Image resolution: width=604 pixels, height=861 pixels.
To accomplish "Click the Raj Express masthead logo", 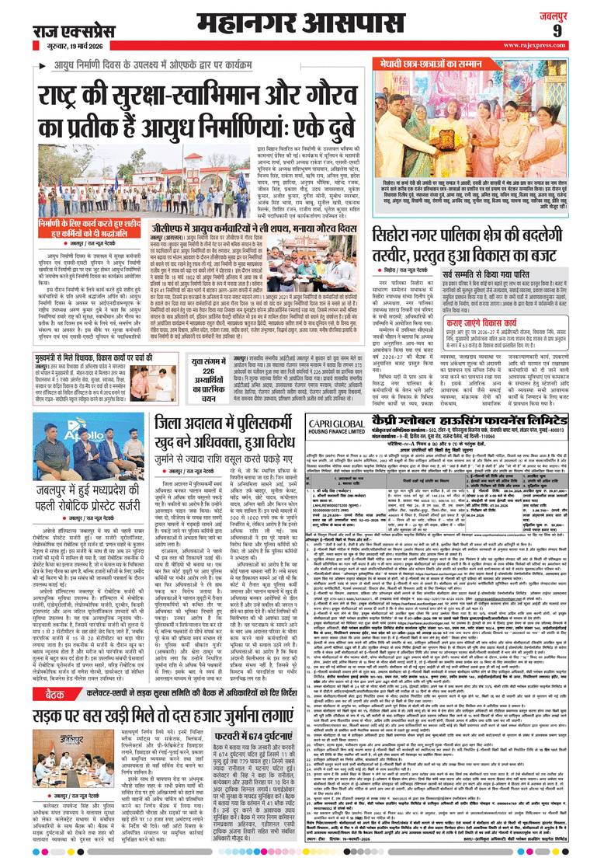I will pyautogui.click(x=75, y=30).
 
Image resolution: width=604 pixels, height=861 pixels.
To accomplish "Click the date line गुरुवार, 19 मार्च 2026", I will pyautogui.click(x=70, y=45).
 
